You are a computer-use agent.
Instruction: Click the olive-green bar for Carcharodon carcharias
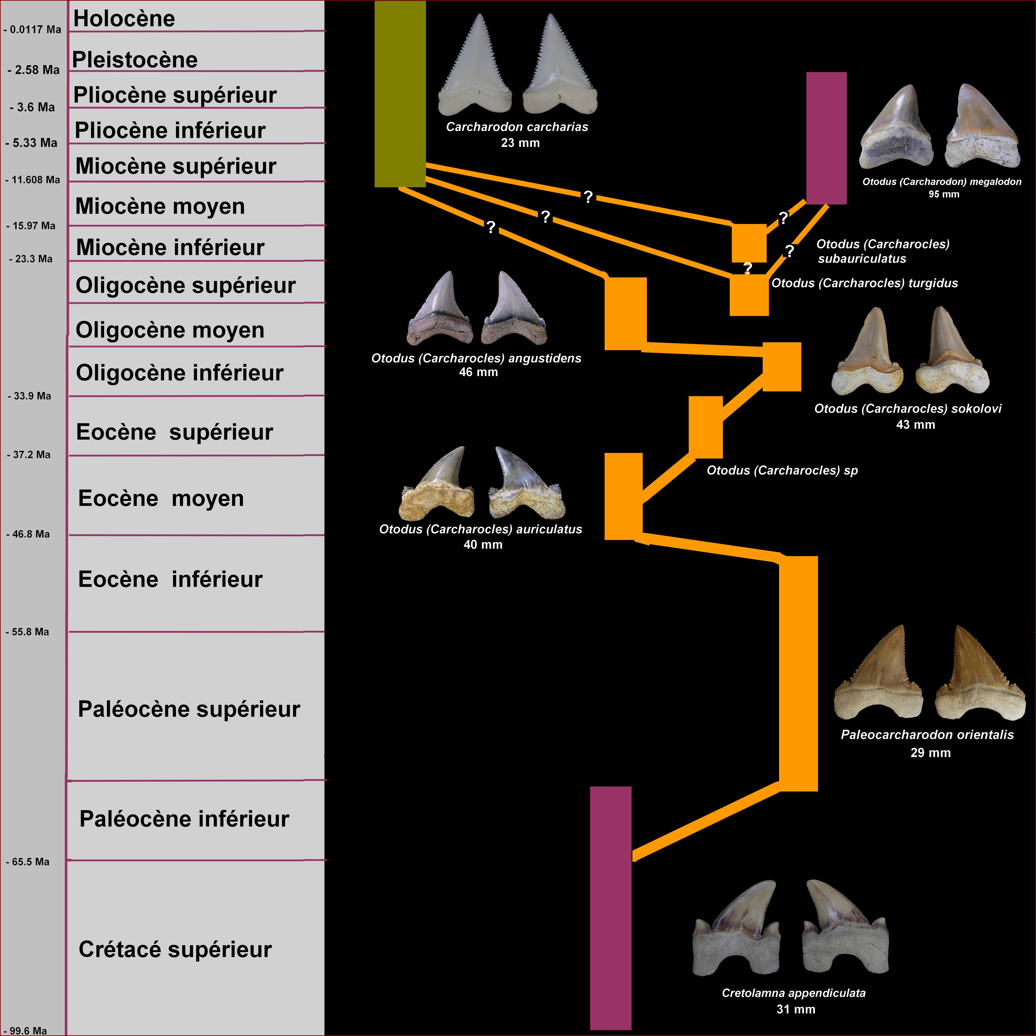click(400, 94)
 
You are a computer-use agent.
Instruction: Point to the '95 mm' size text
click(944, 194)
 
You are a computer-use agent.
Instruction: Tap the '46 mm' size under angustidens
click(478, 372)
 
